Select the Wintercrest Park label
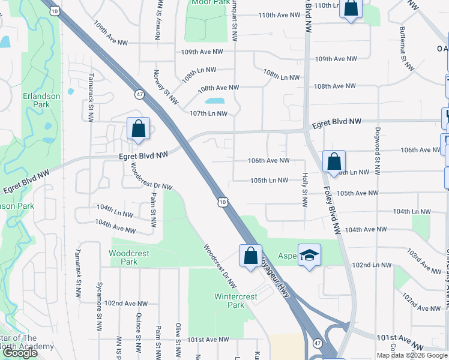point(236,301)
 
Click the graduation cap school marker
point(310,256)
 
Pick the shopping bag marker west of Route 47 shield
point(139,128)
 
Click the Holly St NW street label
point(305,191)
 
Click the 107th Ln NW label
point(208,113)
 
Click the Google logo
point(20,353)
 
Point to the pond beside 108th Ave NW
point(215,101)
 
